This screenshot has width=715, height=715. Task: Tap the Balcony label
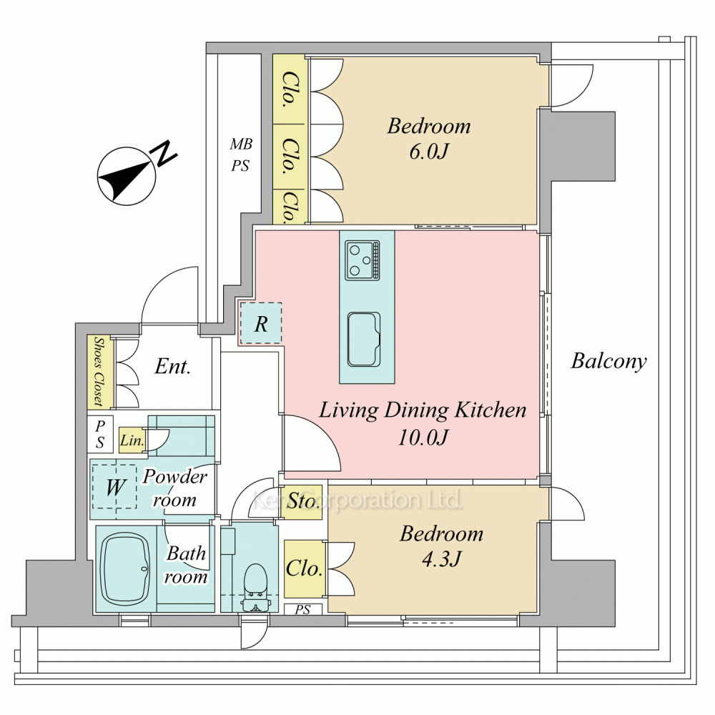[x=608, y=361]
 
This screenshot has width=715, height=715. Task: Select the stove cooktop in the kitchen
[x=363, y=260]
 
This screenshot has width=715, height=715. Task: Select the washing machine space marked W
[x=114, y=488]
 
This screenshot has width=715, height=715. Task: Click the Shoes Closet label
[x=96, y=371]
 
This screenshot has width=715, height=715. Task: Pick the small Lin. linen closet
[x=133, y=440]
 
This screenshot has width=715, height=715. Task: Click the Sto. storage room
[x=304, y=502]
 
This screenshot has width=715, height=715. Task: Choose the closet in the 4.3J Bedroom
[x=304, y=569]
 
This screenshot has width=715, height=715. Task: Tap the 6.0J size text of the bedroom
[x=429, y=152]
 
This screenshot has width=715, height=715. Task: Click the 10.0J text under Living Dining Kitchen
[x=423, y=437]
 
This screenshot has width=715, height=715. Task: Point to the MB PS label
[x=240, y=156]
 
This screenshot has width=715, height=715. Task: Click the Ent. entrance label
[x=173, y=368]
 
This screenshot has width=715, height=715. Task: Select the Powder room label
[x=174, y=488]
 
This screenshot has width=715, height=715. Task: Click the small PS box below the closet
[x=303, y=610]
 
